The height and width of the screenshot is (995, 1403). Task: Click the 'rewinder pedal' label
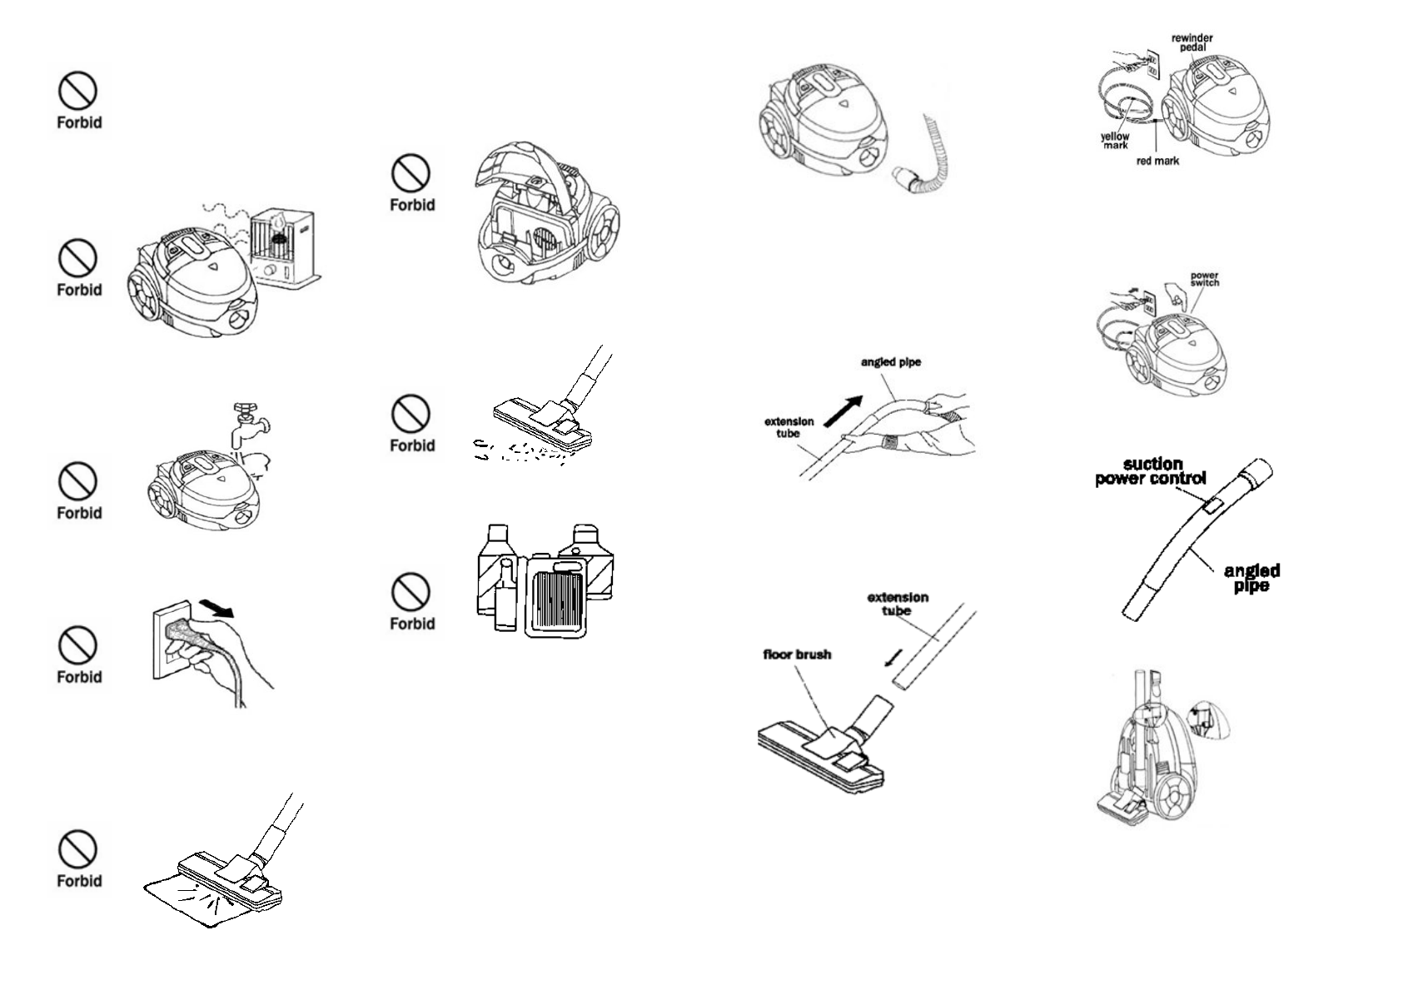click(x=1192, y=42)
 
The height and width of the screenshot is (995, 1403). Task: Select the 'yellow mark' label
click(x=1115, y=141)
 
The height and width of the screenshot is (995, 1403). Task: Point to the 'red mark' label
click(x=1157, y=161)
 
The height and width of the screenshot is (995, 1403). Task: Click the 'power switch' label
click(x=1204, y=279)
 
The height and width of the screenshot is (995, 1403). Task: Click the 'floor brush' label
click(x=797, y=654)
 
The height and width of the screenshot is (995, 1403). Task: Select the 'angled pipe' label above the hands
click(x=890, y=362)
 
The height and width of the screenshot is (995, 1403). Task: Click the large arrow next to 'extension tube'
click(x=843, y=410)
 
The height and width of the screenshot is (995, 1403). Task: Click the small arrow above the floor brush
click(x=893, y=659)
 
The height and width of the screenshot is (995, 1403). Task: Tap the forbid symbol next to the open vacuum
click(x=411, y=173)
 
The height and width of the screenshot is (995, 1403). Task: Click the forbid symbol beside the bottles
click(x=411, y=592)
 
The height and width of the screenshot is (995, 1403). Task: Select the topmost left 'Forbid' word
click(x=79, y=122)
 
